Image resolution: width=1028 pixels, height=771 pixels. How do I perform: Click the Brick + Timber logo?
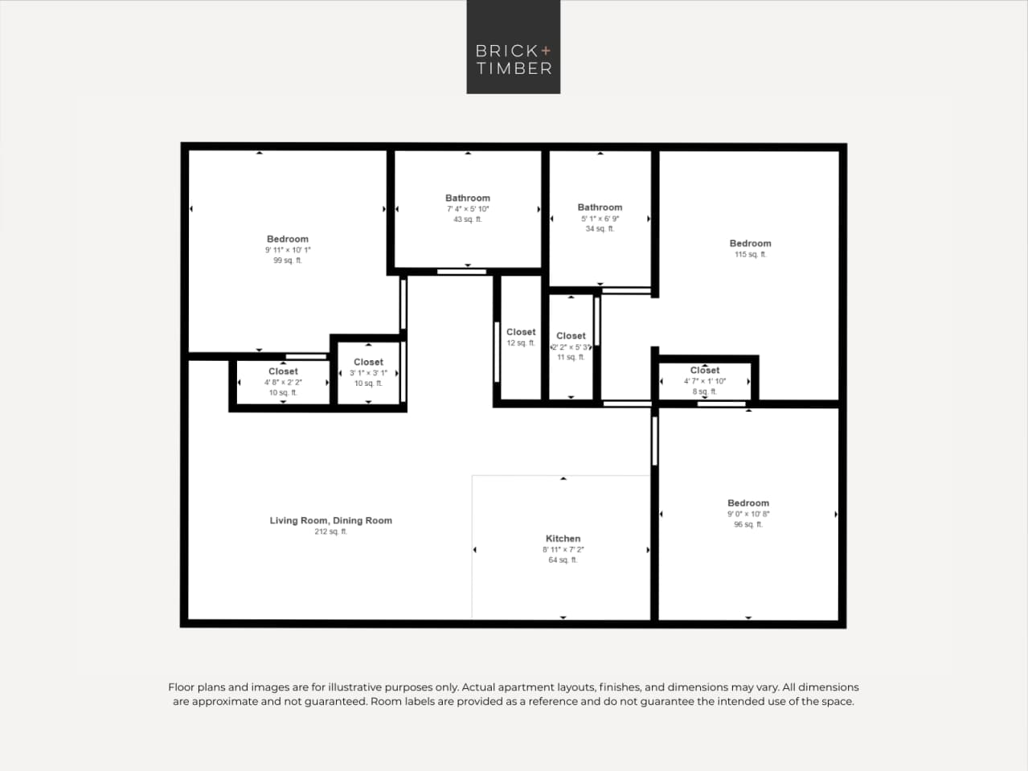(x=513, y=47)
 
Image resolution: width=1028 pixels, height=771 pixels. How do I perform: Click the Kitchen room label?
(x=563, y=539)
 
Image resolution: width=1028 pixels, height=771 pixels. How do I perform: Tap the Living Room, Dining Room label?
(x=330, y=520)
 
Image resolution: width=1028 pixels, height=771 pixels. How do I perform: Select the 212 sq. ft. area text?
(x=330, y=531)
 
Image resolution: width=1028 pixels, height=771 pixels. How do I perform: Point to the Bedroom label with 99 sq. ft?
(x=288, y=239)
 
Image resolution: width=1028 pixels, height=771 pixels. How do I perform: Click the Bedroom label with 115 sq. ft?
(x=750, y=243)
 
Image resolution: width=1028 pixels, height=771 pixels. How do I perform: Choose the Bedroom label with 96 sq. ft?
(x=747, y=502)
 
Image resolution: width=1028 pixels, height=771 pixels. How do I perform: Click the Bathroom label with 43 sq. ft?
(x=467, y=198)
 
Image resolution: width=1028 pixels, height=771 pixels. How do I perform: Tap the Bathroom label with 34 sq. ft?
(x=600, y=207)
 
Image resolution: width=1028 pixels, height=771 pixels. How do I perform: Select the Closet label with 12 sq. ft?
(x=521, y=332)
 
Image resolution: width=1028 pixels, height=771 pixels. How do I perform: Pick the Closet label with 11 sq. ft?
(x=571, y=336)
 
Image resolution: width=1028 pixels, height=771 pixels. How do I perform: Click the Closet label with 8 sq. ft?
(x=705, y=371)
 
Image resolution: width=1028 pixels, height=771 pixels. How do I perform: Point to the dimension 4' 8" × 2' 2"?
(x=283, y=383)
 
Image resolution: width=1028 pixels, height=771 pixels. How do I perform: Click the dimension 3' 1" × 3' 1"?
(x=368, y=373)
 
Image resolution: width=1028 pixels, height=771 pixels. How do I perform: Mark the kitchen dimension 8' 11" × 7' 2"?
(x=563, y=550)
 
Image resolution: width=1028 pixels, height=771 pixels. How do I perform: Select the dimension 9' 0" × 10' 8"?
(x=747, y=514)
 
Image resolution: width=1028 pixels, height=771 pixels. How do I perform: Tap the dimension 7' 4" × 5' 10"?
(x=467, y=209)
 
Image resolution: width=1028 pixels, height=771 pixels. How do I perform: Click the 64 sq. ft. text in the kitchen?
(x=563, y=560)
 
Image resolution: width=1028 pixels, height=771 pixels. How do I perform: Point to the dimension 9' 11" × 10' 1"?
(x=288, y=250)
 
